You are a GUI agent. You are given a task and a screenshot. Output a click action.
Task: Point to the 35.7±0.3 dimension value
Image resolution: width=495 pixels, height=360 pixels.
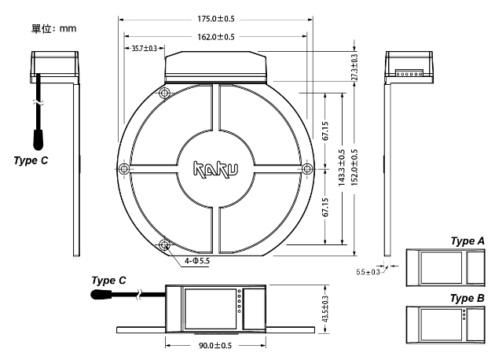[140, 50]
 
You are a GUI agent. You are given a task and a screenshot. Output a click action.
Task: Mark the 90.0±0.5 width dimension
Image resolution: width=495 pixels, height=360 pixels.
[214, 346]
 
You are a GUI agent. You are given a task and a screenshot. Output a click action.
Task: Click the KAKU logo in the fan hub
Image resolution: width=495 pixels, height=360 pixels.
[214, 168]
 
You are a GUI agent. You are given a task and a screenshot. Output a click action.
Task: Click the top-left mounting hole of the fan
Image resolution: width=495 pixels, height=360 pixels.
[164, 94]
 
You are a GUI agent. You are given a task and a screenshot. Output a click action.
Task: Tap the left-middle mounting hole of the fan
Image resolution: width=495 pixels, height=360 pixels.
[123, 169]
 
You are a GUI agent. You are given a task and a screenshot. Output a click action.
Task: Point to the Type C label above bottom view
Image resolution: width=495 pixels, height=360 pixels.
[109, 280]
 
